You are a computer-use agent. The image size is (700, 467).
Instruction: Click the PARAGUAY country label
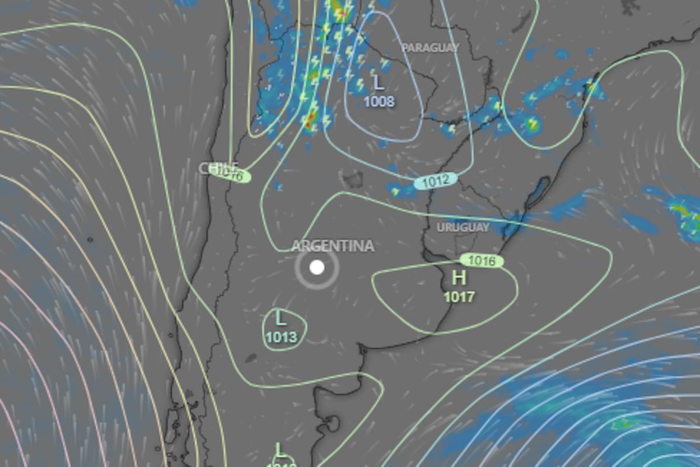click(430, 48)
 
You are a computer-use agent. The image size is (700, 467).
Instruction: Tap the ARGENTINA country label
click(332, 246)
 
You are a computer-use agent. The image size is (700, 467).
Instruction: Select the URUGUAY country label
click(463, 227)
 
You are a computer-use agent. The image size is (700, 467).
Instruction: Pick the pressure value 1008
click(379, 102)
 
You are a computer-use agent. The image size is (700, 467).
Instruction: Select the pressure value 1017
click(459, 297)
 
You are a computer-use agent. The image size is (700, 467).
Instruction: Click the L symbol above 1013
click(281, 318)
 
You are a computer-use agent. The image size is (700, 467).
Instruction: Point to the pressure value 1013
click(281, 337)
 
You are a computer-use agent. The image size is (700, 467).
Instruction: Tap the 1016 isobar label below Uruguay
click(482, 260)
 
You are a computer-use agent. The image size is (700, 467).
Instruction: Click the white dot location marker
click(317, 267)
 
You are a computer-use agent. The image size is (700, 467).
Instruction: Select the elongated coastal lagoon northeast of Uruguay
click(537, 193)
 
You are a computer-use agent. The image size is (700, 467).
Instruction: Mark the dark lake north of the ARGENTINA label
click(352, 178)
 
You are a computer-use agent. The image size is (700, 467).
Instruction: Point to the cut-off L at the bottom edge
click(281, 451)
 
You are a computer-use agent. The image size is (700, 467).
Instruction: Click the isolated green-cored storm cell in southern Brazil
click(531, 124)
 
